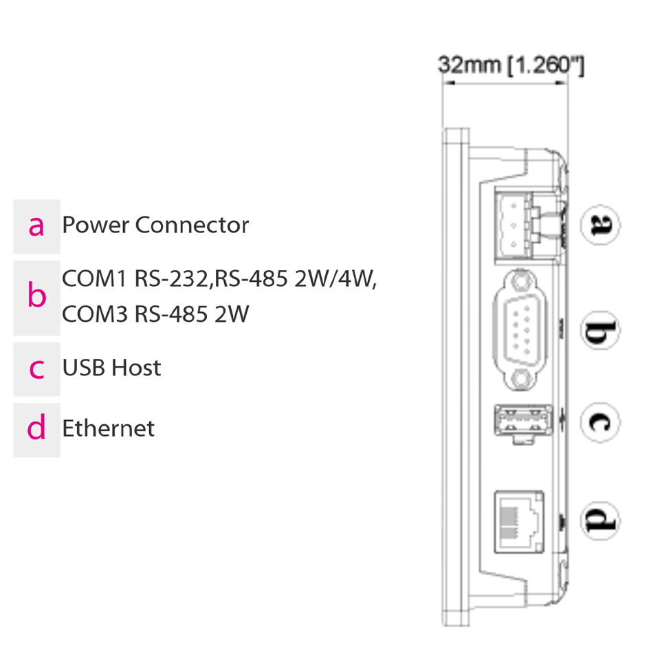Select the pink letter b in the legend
point(36,296)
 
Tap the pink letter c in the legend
point(36,368)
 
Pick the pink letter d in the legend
point(36,429)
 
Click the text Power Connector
point(155,225)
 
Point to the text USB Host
point(111,368)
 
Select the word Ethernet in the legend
point(109,428)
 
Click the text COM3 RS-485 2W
point(155,314)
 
